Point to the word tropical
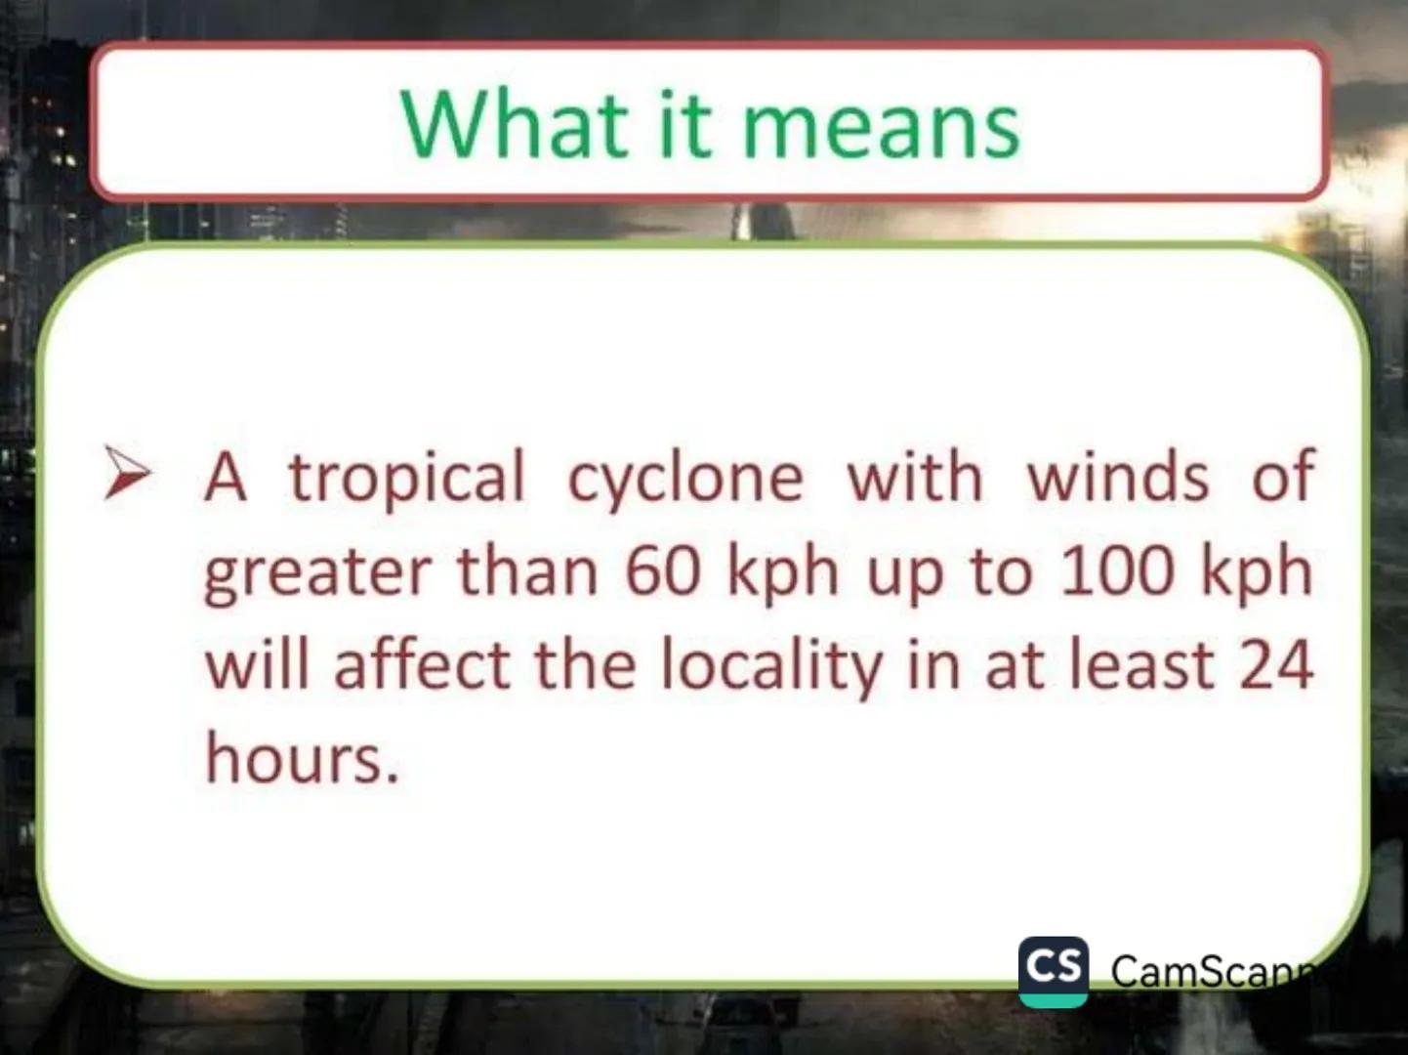pos(406,480)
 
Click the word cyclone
pos(685,480)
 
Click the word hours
pos(302,758)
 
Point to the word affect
pos(422,664)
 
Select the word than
pos(527,570)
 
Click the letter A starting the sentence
pos(226,478)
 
